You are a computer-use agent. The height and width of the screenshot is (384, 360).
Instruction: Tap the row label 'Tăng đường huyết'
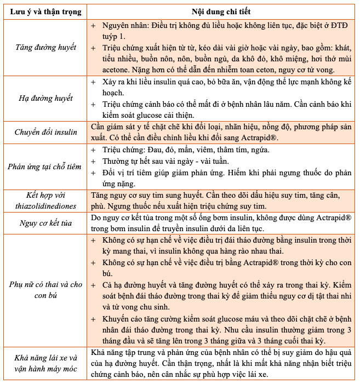pyautogui.click(x=46, y=48)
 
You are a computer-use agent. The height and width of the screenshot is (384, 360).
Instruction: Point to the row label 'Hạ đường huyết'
pyautogui.click(x=46, y=99)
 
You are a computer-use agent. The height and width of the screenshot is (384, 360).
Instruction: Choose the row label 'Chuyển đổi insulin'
pyautogui.click(x=46, y=131)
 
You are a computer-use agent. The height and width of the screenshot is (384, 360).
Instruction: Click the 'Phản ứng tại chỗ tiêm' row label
pyautogui.click(x=46, y=167)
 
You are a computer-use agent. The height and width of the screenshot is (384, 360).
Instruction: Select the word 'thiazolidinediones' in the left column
pyautogui.click(x=46, y=206)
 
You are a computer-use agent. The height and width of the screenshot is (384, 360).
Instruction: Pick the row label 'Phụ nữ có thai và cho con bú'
pyautogui.click(x=46, y=291)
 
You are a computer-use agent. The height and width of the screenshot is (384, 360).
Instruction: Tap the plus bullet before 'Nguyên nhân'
pyautogui.click(x=93, y=26)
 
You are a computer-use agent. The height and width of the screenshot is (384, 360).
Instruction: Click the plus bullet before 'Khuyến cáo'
pyautogui.click(x=93, y=318)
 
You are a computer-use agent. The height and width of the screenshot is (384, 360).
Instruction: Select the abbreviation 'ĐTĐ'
pyautogui.click(x=342, y=26)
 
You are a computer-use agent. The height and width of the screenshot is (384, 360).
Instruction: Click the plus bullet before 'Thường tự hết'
pyautogui.click(x=93, y=161)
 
